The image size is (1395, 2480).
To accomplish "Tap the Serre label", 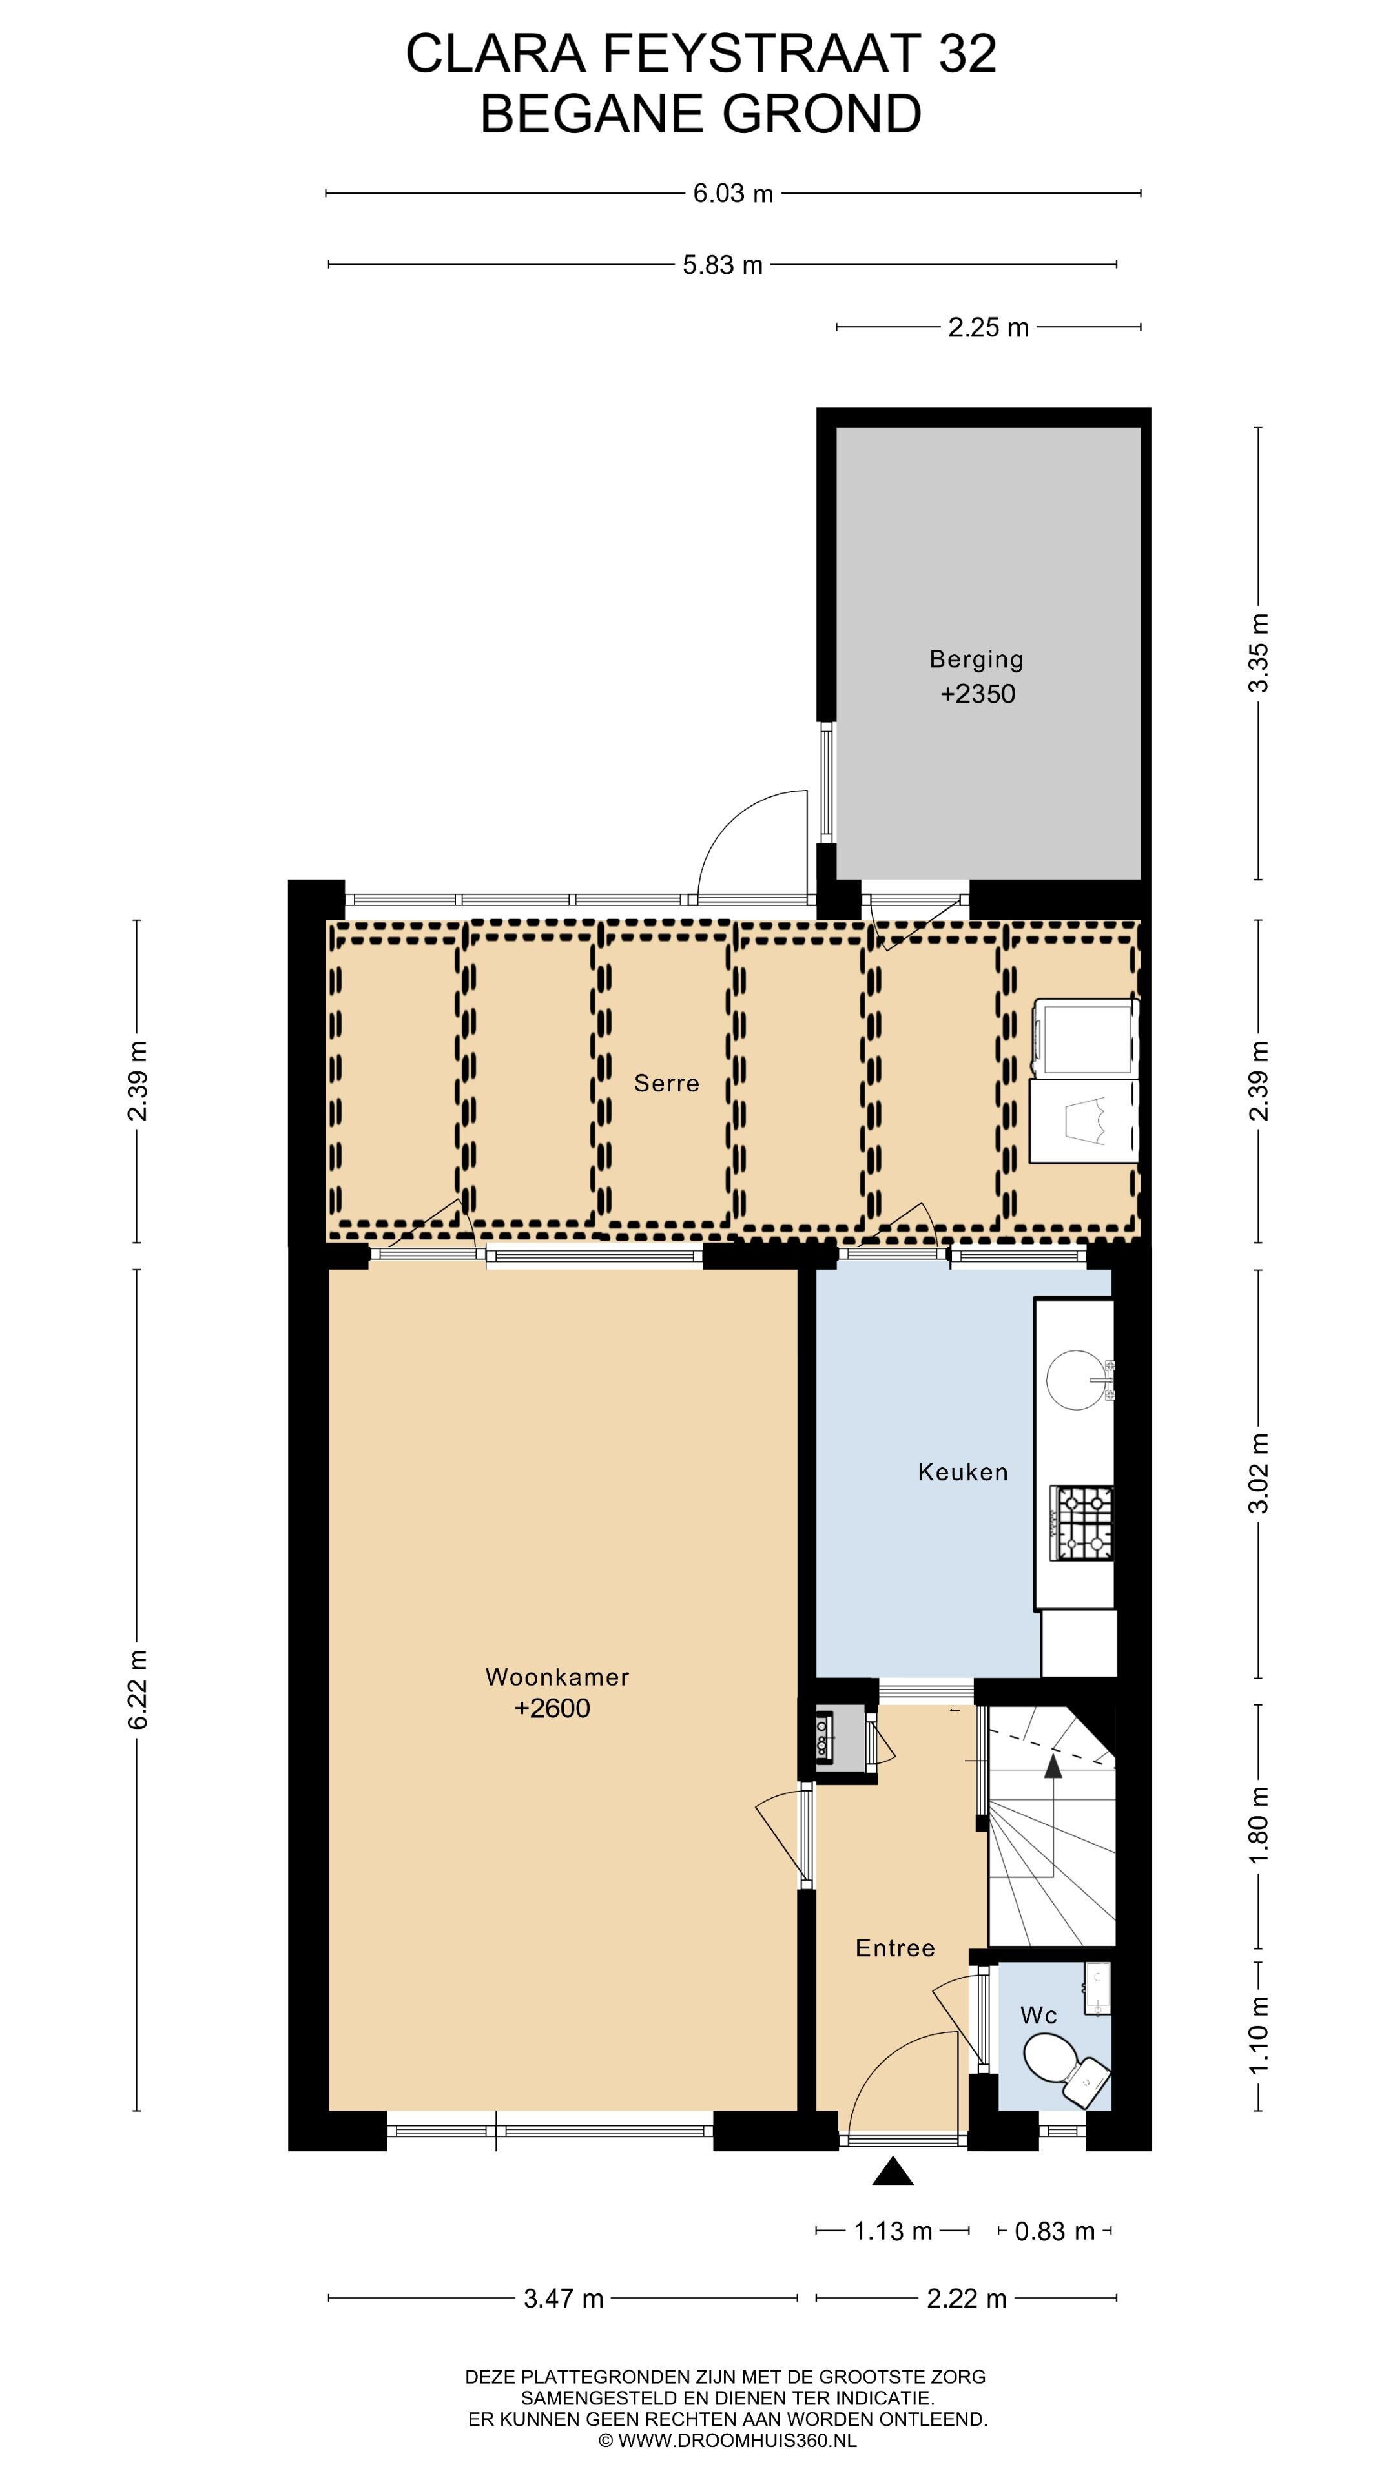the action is click(666, 1083).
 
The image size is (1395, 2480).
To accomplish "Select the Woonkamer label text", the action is click(557, 1676).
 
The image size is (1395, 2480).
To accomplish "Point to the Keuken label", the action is click(963, 1471).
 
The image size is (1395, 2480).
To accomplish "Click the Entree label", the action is click(895, 1948).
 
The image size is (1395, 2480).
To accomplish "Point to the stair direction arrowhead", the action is click(1053, 1764).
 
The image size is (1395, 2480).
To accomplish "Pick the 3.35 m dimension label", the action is click(1258, 653).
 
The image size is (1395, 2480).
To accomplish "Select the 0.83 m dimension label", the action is click(1055, 2231).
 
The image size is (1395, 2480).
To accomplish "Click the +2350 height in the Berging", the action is click(977, 693).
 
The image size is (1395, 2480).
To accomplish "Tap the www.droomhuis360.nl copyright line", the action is click(727, 2439).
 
